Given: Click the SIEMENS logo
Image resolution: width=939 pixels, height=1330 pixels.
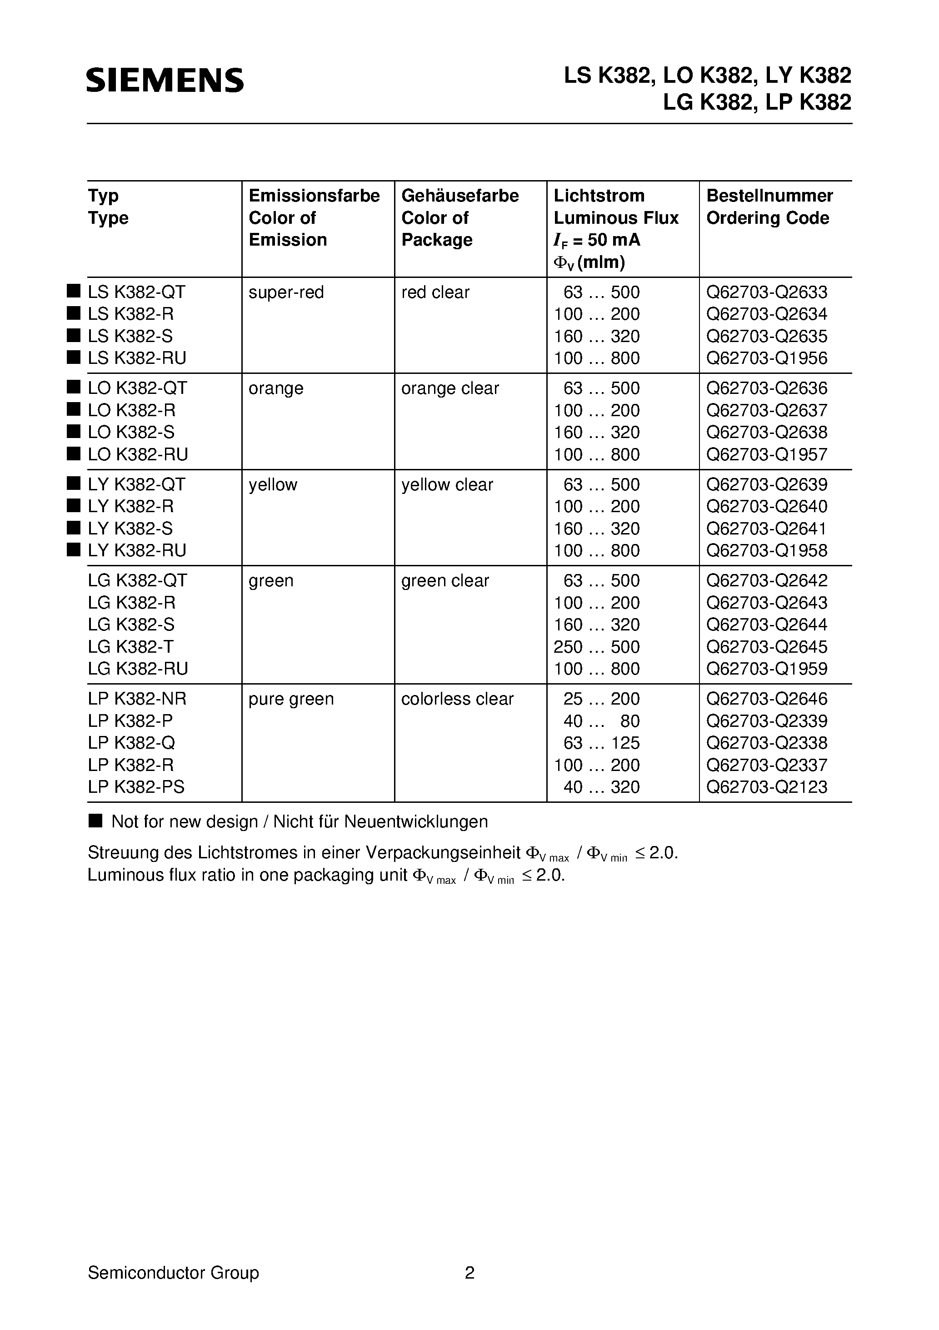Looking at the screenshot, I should tap(165, 81).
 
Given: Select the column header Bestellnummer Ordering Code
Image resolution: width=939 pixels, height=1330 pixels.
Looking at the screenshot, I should tap(769, 207).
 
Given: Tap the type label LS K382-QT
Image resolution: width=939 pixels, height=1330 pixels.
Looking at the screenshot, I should tap(137, 292).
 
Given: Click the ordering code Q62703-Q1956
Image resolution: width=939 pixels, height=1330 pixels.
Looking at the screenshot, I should tap(766, 358).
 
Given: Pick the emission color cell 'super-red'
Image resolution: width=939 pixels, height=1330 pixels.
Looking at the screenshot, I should tap(286, 292).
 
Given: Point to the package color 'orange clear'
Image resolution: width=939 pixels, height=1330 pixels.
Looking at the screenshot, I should tap(450, 388).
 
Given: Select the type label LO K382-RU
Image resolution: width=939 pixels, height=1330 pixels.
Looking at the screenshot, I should tap(138, 455).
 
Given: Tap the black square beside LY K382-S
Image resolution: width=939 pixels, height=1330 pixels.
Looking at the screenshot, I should tap(74, 528).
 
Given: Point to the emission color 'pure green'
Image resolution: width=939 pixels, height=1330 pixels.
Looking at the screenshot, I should tap(291, 699).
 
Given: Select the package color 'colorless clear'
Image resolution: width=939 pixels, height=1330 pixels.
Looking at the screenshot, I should tap(457, 699).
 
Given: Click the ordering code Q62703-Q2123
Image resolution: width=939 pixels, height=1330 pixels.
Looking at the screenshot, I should tap(766, 787).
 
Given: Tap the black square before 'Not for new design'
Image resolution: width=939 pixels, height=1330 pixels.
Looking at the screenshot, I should tap(95, 821).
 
